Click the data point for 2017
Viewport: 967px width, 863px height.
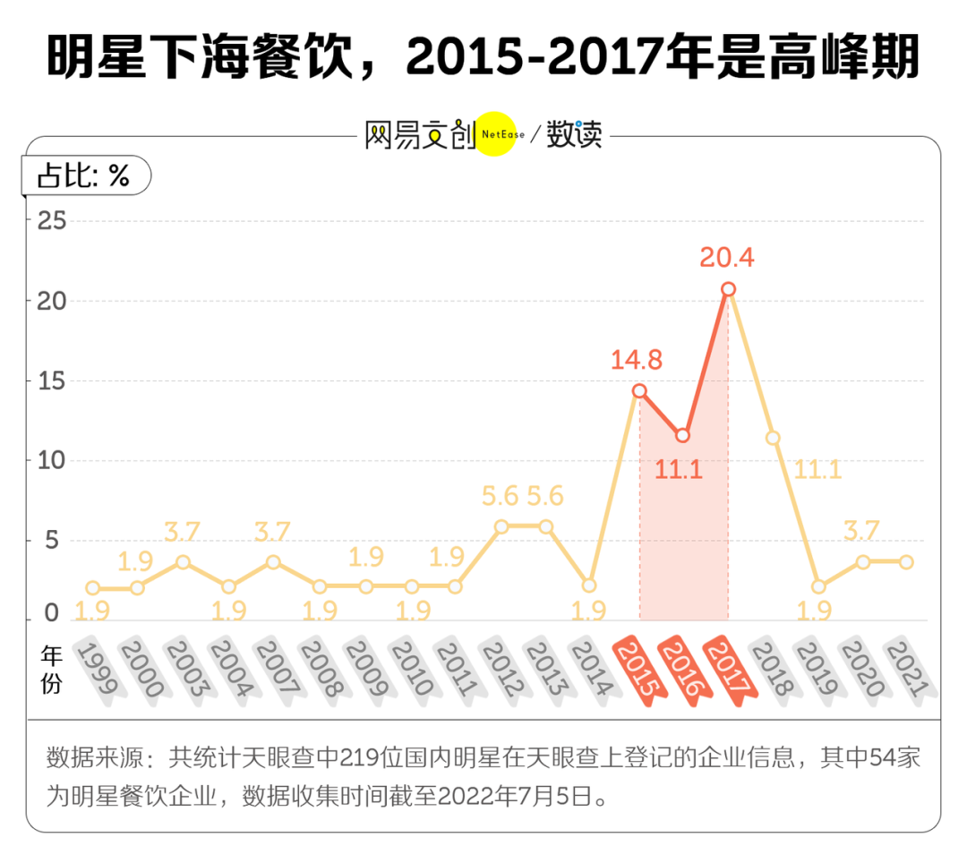tap(728, 289)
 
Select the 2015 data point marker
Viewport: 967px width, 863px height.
tap(639, 390)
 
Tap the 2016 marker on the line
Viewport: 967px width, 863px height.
tap(683, 435)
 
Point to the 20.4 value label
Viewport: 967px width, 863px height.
tap(727, 258)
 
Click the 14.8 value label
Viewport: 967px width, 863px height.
tap(637, 360)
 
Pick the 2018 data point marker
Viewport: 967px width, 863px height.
tap(773, 438)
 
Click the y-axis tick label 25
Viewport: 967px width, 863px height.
tap(50, 220)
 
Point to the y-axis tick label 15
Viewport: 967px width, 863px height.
tap(50, 380)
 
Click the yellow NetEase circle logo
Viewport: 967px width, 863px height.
tap(496, 134)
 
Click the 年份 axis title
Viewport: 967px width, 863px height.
tap(52, 670)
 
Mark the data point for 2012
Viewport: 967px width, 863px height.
tap(501, 526)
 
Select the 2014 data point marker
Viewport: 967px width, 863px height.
tap(589, 585)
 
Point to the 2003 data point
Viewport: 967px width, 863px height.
tap(183, 562)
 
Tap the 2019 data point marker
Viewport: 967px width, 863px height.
tap(817, 586)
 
